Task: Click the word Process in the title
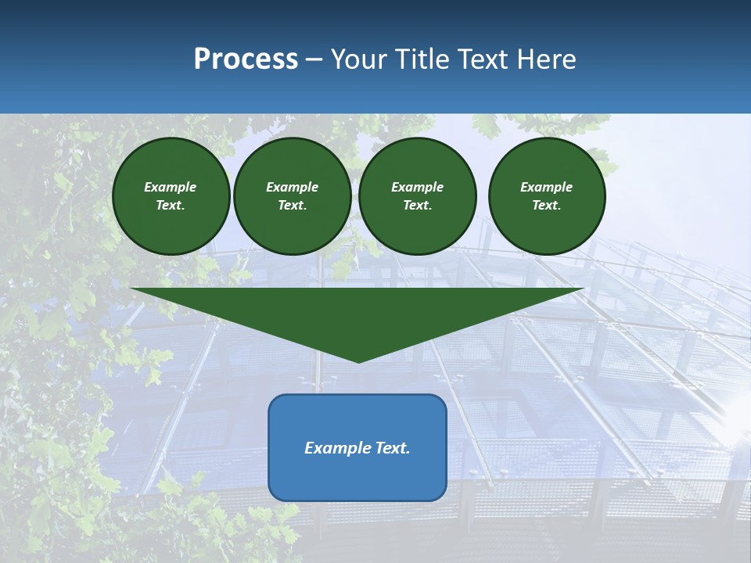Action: tap(246, 59)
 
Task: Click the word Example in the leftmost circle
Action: tap(171, 187)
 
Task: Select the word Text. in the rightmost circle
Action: tap(547, 205)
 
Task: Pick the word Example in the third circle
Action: tap(417, 187)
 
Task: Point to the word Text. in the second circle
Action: tap(292, 205)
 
